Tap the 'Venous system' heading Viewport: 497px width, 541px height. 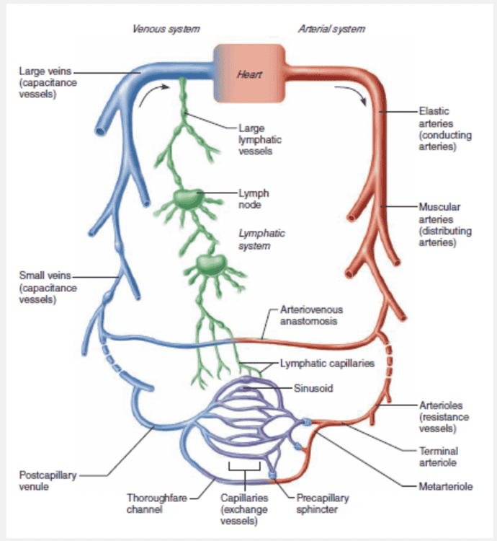tap(166, 29)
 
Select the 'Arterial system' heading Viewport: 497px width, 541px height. tap(331, 29)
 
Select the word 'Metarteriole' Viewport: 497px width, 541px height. tap(445, 487)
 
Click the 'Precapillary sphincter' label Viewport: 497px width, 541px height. tap(317, 503)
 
